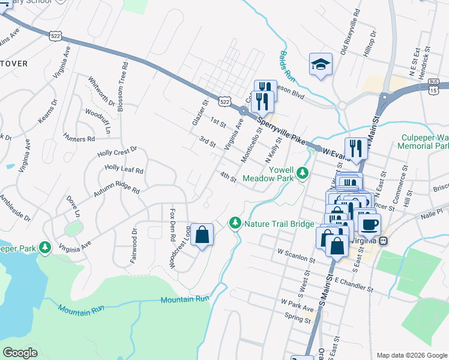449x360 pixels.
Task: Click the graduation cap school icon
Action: (321, 64)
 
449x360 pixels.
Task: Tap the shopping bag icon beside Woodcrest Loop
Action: (202, 234)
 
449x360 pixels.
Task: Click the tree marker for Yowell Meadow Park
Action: (304, 173)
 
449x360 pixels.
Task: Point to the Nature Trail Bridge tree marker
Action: (235, 223)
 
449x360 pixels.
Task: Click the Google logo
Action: (20, 352)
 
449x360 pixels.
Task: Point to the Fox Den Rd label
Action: (173, 221)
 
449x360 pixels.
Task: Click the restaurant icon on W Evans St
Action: (355, 149)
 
